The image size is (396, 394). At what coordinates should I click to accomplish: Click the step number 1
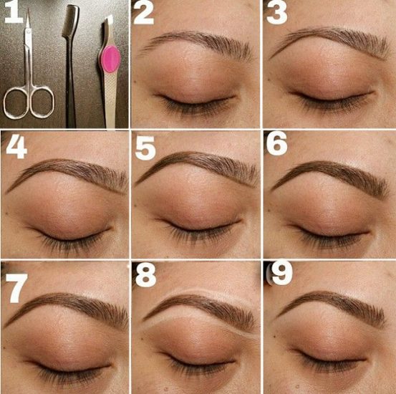coord(14,15)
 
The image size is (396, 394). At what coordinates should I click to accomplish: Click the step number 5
coord(145,148)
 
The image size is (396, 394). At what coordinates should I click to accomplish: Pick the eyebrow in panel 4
coord(68,173)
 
